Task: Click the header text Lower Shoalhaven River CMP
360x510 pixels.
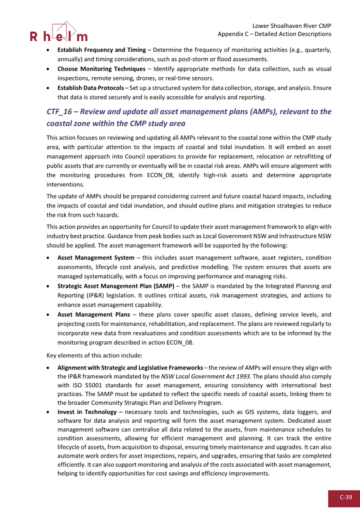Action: click(x=292, y=26)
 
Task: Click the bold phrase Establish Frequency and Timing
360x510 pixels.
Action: click(x=102, y=50)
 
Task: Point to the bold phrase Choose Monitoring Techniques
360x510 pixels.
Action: click(x=101, y=69)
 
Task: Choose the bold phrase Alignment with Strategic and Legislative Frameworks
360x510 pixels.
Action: click(x=130, y=367)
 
